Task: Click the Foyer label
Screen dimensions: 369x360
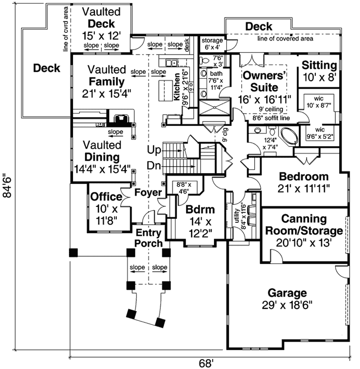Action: pos(148,192)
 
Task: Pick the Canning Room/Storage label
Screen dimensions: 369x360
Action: pos(304,225)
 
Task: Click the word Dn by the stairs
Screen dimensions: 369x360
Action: pos(153,165)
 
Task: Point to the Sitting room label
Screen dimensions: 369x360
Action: pos(319,65)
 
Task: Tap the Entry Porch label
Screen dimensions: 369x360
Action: pos(149,238)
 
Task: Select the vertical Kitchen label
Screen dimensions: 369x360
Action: pos(177,87)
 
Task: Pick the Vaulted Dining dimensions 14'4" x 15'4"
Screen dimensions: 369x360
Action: pos(102,169)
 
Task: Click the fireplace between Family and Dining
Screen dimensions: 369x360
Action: pos(121,119)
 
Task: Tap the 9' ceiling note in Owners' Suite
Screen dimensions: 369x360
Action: pos(271,109)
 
